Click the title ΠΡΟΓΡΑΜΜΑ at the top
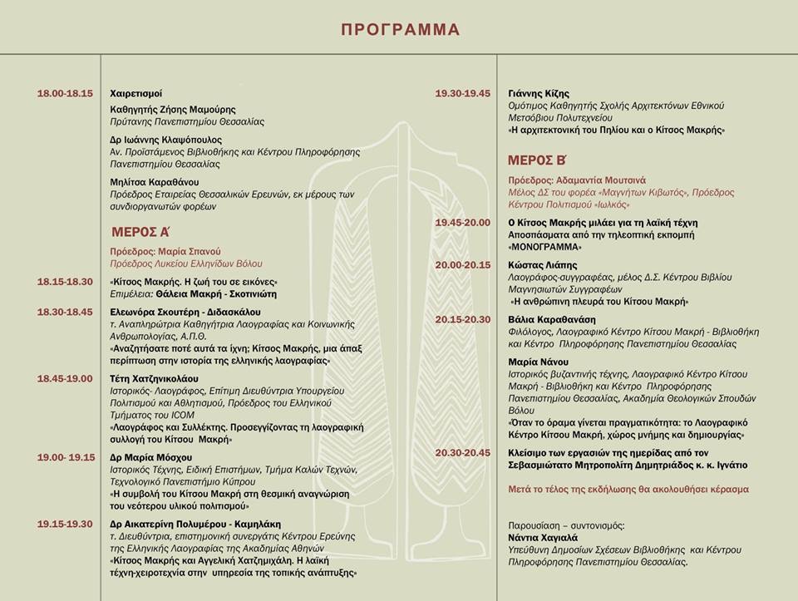(400, 30)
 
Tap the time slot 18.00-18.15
(65, 93)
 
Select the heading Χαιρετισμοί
(136, 93)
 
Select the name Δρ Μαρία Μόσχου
(151, 457)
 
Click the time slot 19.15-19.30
(65, 524)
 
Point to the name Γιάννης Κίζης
(539, 93)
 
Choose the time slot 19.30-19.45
(463, 93)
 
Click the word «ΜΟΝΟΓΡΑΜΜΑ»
(544, 247)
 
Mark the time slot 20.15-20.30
(463, 318)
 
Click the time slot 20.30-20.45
(463, 452)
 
